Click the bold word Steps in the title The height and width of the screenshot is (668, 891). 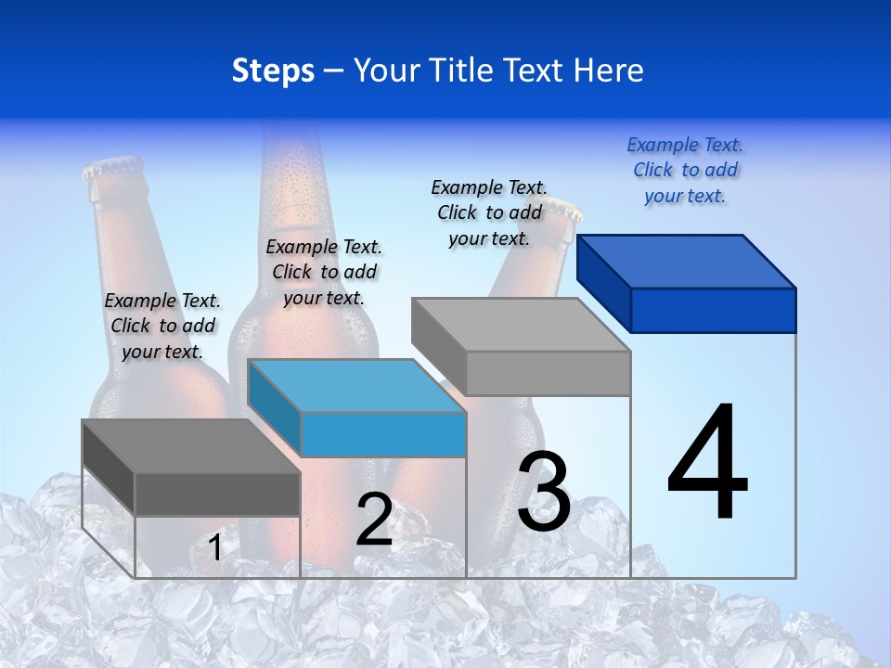point(273,71)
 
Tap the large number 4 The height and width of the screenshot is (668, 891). point(707,464)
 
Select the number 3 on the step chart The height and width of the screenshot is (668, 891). point(544,493)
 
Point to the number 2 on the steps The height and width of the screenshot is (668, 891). point(374,520)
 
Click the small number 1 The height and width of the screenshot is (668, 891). point(215,548)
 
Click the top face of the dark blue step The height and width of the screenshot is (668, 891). point(686,262)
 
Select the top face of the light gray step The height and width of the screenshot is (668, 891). point(521,325)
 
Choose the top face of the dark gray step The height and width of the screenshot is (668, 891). point(190,446)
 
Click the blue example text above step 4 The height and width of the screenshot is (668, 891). point(685,171)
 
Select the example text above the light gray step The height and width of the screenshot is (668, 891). point(489,213)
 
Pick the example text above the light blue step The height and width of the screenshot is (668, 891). point(324,273)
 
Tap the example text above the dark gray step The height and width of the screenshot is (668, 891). point(162,327)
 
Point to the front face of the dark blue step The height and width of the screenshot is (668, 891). point(713,310)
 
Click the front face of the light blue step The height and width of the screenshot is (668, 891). point(383,434)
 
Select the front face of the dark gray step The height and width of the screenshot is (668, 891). point(217,495)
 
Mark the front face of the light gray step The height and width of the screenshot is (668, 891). point(548,373)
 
